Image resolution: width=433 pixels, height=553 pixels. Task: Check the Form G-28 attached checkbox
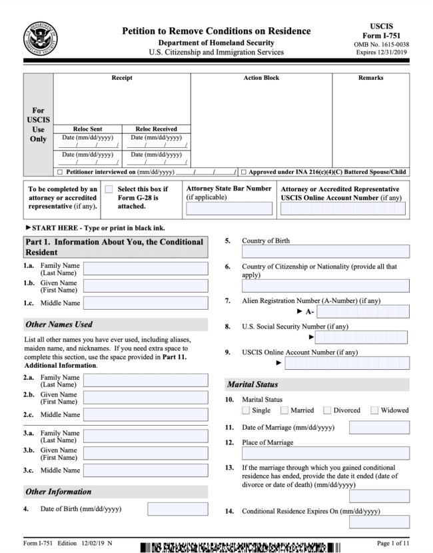(x=109, y=189)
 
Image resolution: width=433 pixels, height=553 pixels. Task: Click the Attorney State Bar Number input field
(x=229, y=209)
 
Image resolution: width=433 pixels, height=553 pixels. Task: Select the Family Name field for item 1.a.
(x=146, y=269)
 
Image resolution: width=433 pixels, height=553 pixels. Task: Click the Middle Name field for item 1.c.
(x=146, y=303)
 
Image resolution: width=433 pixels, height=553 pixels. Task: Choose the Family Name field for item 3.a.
(x=146, y=436)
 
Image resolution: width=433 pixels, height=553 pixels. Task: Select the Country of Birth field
(x=326, y=252)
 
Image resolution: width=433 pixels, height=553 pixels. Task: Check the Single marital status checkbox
(x=246, y=410)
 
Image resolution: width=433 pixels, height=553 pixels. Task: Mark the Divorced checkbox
(x=327, y=410)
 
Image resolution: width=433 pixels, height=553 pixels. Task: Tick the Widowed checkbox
(x=374, y=410)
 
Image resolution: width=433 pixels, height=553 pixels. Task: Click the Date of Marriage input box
(x=379, y=427)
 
